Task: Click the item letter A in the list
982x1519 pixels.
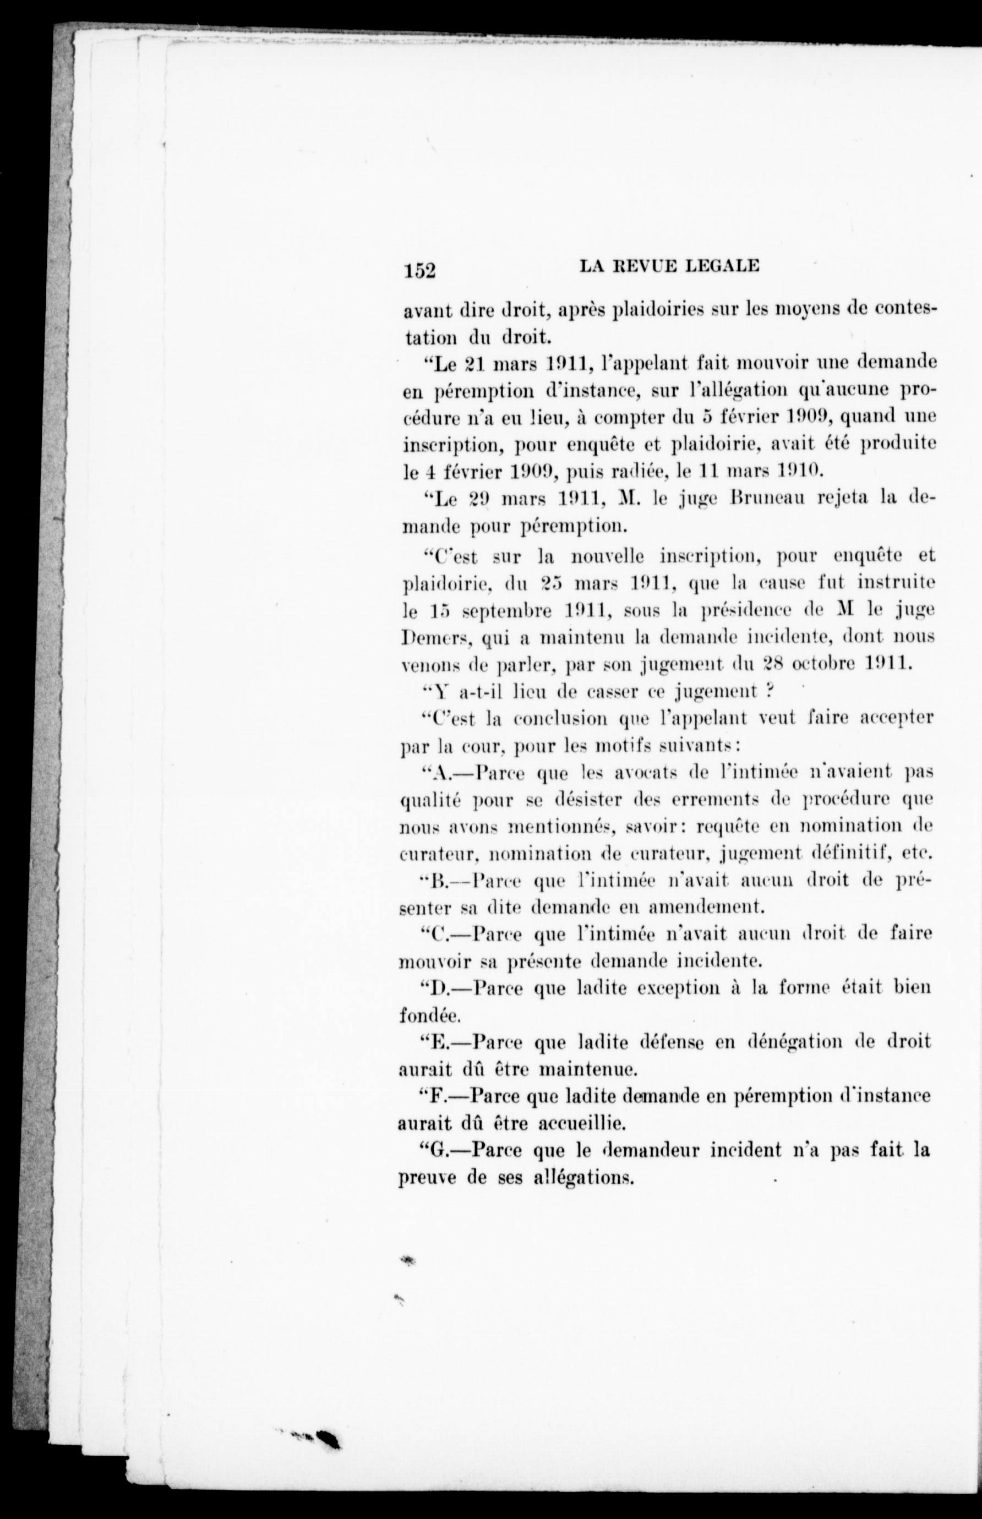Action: pyautogui.click(x=440, y=773)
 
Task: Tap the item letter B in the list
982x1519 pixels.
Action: pyautogui.click(x=438, y=882)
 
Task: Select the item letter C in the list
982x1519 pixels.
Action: pyautogui.click(x=439, y=935)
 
